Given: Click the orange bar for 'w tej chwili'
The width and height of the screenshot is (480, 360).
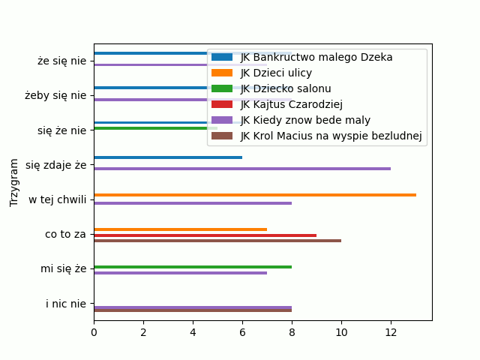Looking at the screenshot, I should [255, 195].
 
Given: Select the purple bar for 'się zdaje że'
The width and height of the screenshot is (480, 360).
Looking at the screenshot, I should [242, 169].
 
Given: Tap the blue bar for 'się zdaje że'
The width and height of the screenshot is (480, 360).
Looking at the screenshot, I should [168, 157].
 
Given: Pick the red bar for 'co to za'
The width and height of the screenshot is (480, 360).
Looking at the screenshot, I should [205, 235].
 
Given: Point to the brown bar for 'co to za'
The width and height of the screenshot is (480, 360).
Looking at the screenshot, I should [217, 241].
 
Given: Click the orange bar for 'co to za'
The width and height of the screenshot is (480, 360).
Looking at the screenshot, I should [180, 229].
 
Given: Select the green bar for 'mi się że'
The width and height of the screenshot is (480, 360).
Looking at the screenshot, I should [193, 267].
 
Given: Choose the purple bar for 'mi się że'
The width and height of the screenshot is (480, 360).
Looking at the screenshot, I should [180, 273].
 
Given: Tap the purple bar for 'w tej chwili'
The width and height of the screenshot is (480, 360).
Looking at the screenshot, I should [193, 203].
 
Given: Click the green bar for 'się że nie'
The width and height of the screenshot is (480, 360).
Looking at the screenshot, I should [155, 128].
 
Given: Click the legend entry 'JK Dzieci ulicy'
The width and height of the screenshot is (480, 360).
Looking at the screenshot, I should [276, 73].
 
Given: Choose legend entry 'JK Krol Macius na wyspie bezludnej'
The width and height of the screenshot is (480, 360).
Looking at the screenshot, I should [331, 136].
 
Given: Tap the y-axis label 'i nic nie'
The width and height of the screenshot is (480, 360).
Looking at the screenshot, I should [66, 304].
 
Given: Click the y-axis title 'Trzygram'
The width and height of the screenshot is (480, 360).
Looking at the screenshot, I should [14, 182].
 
